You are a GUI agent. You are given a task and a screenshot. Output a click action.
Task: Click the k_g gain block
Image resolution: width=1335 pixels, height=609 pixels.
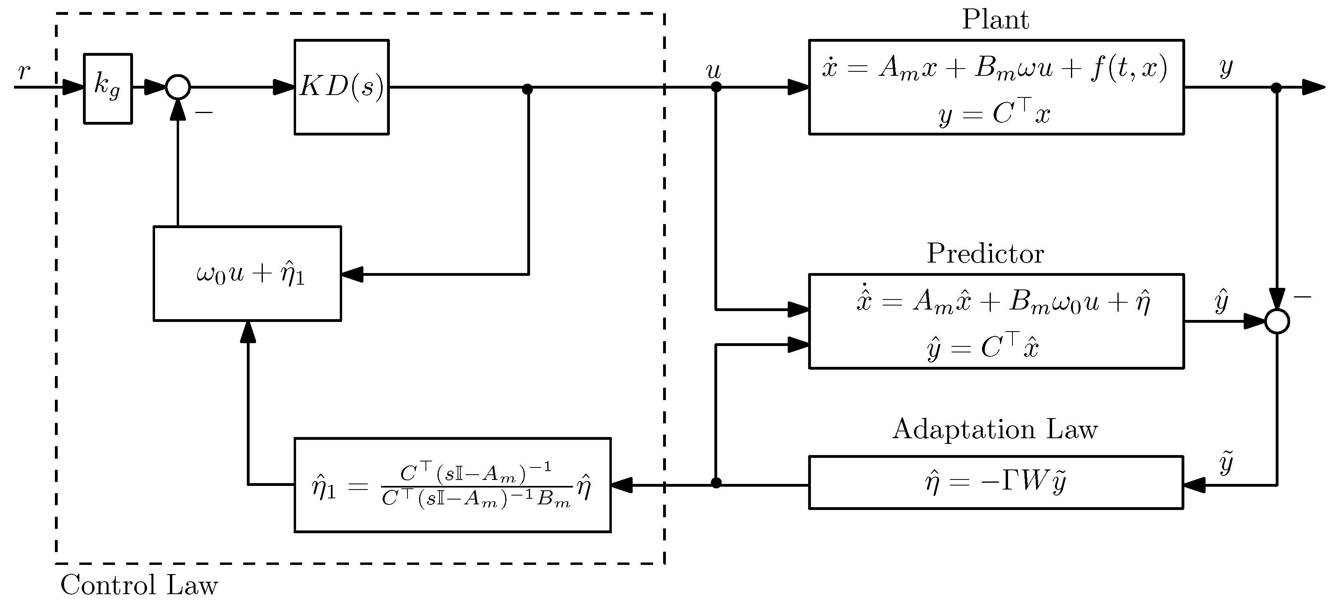[108, 88]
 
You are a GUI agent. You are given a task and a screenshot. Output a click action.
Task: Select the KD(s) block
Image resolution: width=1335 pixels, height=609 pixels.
[341, 87]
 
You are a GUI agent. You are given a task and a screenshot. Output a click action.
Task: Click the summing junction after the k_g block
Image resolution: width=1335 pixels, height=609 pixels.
[178, 87]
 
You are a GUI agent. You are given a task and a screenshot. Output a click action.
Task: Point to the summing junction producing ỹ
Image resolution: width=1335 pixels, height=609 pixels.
[1277, 322]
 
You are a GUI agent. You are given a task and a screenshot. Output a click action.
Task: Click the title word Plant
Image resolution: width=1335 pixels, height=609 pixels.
[995, 20]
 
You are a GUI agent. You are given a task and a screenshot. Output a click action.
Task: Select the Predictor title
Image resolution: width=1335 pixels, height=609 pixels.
[985, 254]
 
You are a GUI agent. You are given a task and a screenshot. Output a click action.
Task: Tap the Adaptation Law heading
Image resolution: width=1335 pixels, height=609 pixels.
[994, 429]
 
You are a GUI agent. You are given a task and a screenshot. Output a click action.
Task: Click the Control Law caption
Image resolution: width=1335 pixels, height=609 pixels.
[139, 585]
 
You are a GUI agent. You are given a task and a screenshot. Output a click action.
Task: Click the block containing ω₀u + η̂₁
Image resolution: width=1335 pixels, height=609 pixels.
[247, 273]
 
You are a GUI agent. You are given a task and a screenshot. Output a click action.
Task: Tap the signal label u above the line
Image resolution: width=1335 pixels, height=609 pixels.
[714, 70]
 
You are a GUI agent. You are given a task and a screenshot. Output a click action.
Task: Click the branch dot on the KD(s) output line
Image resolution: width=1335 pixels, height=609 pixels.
[528, 89]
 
